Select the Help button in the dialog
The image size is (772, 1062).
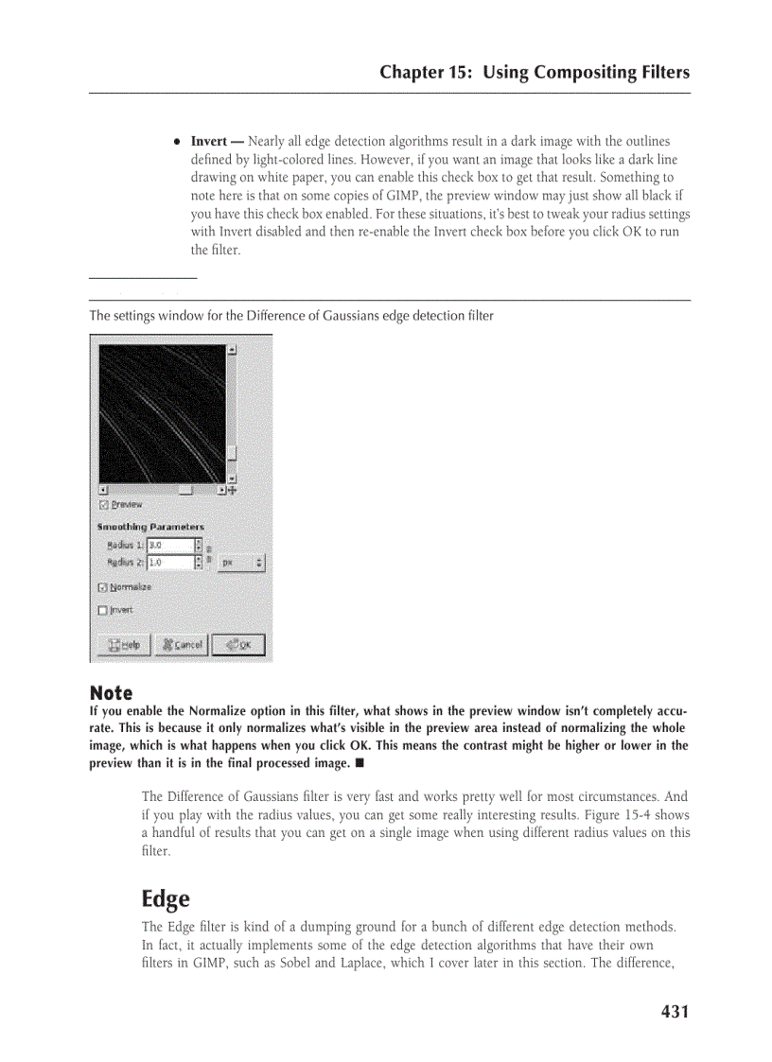pyautogui.click(x=124, y=645)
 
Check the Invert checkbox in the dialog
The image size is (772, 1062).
pyautogui.click(x=103, y=610)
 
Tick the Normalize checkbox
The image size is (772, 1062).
pyautogui.click(x=103, y=587)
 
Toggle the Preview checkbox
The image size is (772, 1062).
pyautogui.click(x=103, y=504)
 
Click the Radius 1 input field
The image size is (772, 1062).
pyautogui.click(x=169, y=546)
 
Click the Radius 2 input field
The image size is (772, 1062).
pyautogui.click(x=169, y=563)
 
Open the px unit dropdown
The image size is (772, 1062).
pyautogui.click(x=241, y=563)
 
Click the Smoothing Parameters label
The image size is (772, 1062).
pyautogui.click(x=150, y=527)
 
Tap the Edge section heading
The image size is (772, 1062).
pyautogui.click(x=165, y=898)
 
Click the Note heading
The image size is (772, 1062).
pyautogui.click(x=111, y=693)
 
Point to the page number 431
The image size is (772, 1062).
pyautogui.click(x=675, y=1012)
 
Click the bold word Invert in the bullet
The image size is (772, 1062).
pyautogui.click(x=208, y=142)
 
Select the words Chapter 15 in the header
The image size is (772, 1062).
pyautogui.click(x=426, y=73)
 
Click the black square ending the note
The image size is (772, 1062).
pyautogui.click(x=360, y=763)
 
